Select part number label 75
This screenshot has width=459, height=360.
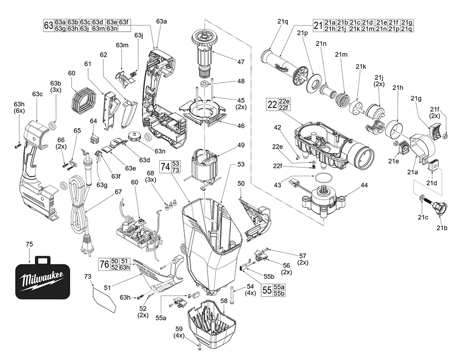pos(29,245)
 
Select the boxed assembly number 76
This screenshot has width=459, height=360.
pos(104,264)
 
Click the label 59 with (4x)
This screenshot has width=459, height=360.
pos(179,329)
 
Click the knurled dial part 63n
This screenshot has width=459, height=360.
pos(135,136)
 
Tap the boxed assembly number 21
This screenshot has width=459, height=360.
pos(318,25)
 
